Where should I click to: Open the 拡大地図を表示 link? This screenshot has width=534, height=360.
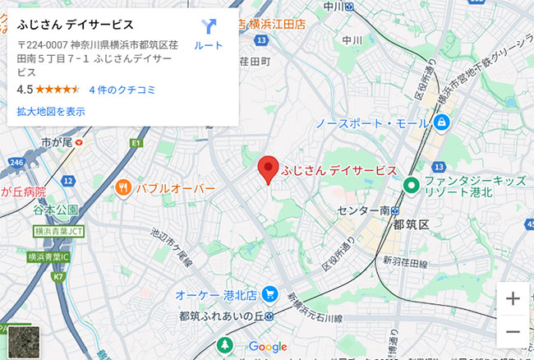[51, 111]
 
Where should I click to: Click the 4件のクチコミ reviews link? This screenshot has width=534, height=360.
[122, 90]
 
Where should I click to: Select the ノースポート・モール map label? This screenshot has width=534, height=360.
[372, 123]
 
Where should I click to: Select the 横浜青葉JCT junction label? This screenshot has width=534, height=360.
[59, 233]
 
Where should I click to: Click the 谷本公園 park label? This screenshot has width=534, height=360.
[56, 210]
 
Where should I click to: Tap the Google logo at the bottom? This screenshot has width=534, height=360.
[267, 347]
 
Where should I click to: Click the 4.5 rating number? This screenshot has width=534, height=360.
[25, 90]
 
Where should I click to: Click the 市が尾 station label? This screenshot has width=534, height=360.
[57, 142]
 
